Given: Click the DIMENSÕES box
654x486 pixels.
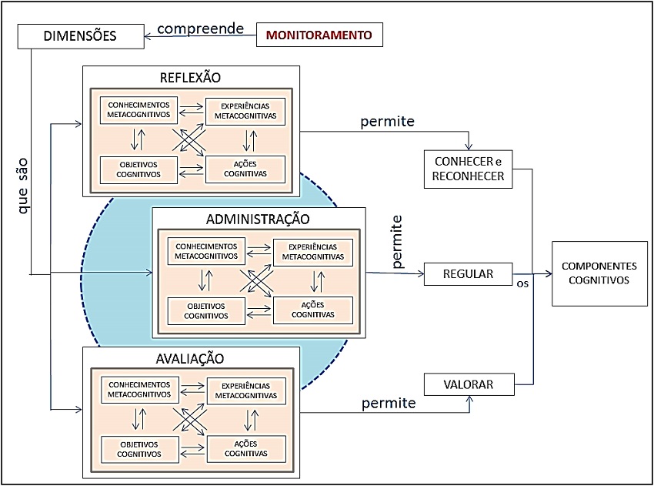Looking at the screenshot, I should [x=80, y=35].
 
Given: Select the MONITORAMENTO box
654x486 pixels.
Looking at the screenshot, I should [x=319, y=35].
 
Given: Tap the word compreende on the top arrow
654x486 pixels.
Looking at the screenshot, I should [x=200, y=29].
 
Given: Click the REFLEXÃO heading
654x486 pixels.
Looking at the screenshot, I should [x=190, y=78].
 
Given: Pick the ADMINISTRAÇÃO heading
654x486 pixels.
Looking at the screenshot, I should [x=258, y=219].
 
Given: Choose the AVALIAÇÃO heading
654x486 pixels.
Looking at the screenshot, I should [x=191, y=358].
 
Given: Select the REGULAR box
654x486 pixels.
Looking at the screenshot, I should [x=469, y=273].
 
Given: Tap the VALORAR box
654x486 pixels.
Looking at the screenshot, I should [x=469, y=384].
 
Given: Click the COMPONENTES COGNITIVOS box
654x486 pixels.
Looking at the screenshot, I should [x=599, y=273].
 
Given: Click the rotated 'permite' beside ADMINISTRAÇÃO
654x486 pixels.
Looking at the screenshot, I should [x=398, y=242].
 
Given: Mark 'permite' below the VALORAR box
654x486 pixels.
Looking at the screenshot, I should [x=389, y=403].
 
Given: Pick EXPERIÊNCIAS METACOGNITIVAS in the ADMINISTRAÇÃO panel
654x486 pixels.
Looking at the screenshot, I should [x=312, y=251].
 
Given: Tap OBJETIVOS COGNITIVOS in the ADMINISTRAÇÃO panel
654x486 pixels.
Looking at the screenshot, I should [x=206, y=310].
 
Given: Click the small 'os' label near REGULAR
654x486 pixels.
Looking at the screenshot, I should [x=522, y=283].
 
